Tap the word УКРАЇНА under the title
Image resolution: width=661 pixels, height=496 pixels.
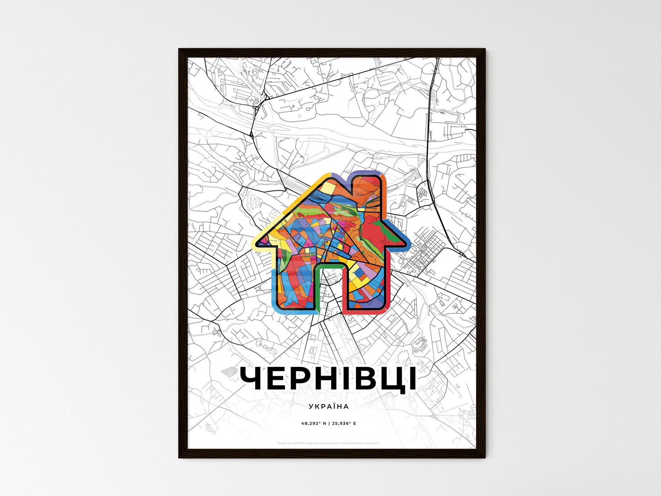pyautogui.click(x=328, y=406)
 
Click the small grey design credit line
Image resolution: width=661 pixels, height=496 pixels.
pyautogui.click(x=328, y=443)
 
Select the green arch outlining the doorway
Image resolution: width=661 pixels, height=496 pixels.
pyautogui.click(x=330, y=265)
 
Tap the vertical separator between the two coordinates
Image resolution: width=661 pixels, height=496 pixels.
pyautogui.click(x=328, y=423)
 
